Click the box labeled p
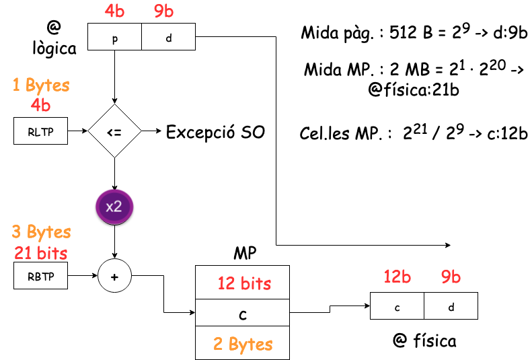(x=114, y=37)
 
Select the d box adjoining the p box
(x=168, y=37)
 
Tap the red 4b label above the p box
(x=114, y=11)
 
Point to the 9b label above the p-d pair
(x=164, y=11)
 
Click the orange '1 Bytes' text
(x=41, y=85)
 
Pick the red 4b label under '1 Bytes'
(x=40, y=105)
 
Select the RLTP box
(x=40, y=131)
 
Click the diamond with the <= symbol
(x=114, y=131)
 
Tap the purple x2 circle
(x=114, y=206)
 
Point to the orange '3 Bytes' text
(x=41, y=232)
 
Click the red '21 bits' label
(x=41, y=252)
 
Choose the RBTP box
(x=40, y=276)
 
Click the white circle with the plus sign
(x=114, y=276)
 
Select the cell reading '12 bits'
(x=243, y=283)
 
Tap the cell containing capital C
(x=243, y=313)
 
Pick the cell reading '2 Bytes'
(x=243, y=343)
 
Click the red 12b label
(x=397, y=277)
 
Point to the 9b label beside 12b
(x=451, y=277)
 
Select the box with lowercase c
(x=397, y=306)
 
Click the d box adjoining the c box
(x=451, y=306)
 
